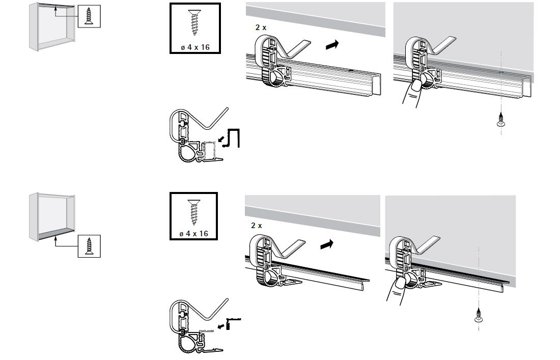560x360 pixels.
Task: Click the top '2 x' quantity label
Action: coord(261,27)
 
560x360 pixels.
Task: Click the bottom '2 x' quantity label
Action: coord(257,226)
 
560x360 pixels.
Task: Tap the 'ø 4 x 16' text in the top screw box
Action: coord(195,47)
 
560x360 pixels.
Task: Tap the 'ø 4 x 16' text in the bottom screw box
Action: coord(193,234)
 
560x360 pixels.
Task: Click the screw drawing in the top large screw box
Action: coord(194,22)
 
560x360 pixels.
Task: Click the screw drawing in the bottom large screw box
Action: coord(194,212)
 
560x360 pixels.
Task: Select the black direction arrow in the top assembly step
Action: coord(332,45)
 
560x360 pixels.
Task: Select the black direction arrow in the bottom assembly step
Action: coord(327,244)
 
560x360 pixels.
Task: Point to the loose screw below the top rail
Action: coord(501,120)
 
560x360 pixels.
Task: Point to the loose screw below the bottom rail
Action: coord(479,315)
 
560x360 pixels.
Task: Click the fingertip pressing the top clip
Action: coord(416,86)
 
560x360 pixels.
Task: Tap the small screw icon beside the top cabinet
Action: coord(89,16)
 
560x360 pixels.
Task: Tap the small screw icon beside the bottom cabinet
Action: coord(89,246)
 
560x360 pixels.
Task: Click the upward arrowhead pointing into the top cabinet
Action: coord(55,10)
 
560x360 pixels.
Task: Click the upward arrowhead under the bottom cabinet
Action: coord(55,237)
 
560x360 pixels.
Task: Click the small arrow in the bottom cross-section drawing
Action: coord(221,326)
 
